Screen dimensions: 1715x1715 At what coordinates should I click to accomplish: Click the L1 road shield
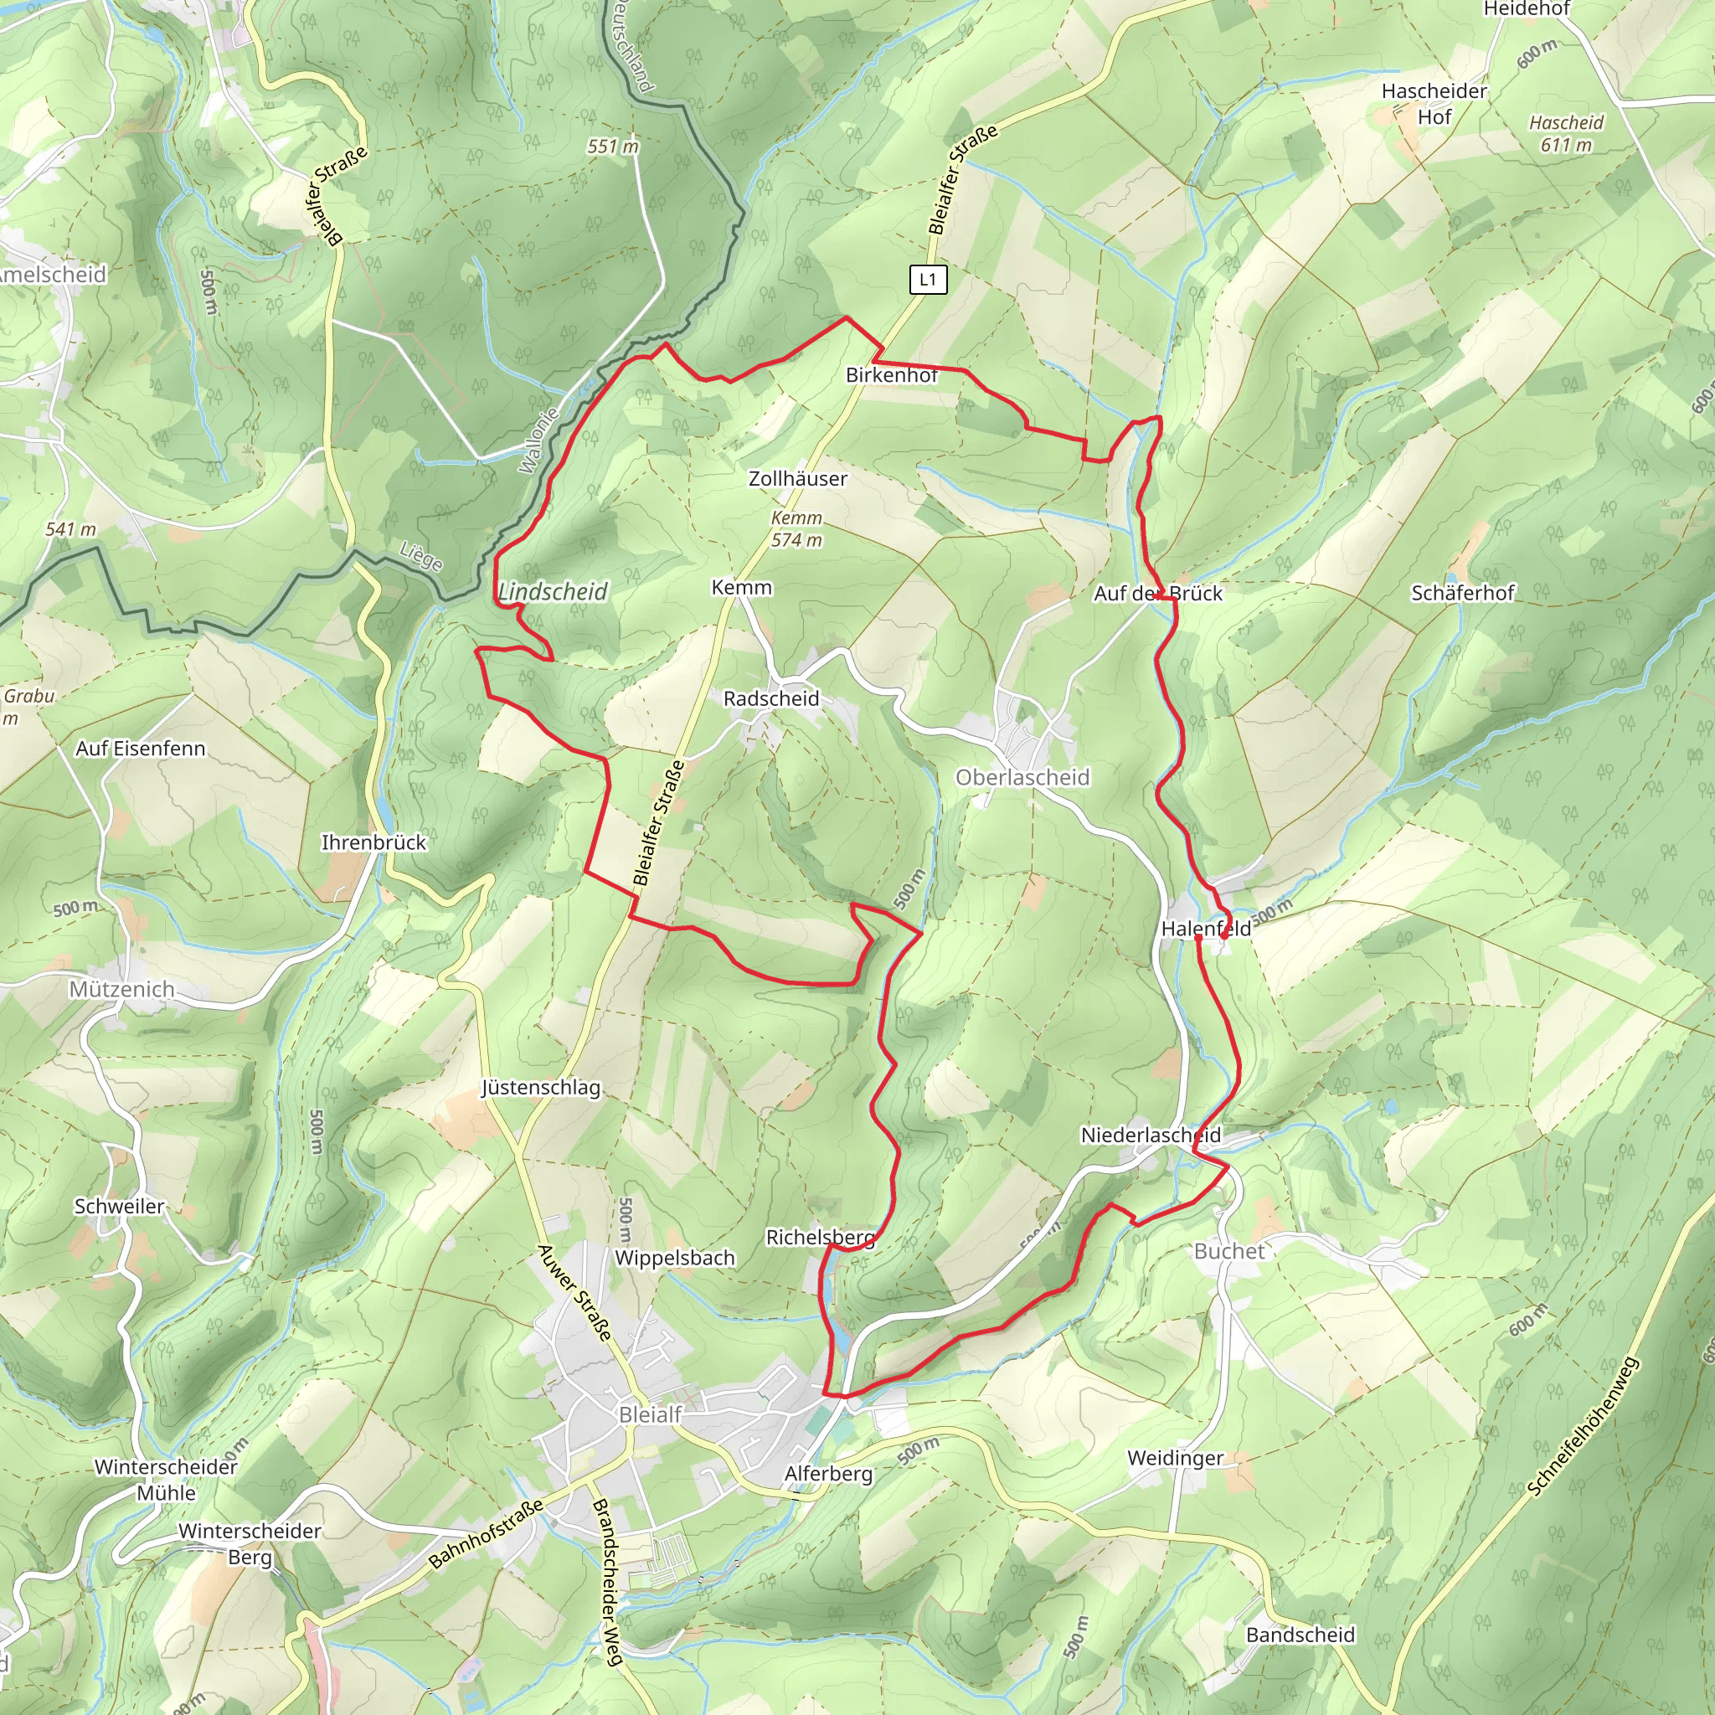[x=928, y=280]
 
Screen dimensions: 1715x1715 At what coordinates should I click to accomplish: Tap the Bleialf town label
[x=650, y=1415]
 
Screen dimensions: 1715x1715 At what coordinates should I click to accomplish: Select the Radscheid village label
[x=770, y=698]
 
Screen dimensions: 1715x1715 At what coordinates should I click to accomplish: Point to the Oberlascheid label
[x=1022, y=778]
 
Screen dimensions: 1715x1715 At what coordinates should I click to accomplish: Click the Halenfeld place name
[x=1206, y=929]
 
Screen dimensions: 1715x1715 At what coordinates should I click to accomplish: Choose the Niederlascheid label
[x=1151, y=1136]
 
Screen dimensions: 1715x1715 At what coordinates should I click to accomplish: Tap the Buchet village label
[x=1228, y=1252]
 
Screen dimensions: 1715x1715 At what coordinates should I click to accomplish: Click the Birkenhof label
[x=891, y=375]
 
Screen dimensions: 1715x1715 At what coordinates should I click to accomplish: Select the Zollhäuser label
[x=797, y=479]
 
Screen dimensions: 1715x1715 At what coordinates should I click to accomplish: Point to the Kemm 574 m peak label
[x=796, y=529]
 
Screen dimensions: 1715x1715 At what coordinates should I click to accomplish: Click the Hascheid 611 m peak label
[x=1566, y=134]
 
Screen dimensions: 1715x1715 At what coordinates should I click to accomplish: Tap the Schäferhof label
[x=1462, y=593]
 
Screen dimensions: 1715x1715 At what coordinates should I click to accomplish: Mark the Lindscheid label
[x=552, y=592]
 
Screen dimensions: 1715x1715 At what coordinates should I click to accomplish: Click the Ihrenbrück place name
[x=373, y=842]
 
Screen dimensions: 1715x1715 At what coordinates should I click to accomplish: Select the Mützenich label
[x=121, y=989]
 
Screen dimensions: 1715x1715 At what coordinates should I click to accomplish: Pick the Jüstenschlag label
[x=541, y=1089]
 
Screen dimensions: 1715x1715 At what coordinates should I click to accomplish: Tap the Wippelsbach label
[x=675, y=1258]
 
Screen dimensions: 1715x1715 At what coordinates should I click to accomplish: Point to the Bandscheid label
[x=1300, y=1635]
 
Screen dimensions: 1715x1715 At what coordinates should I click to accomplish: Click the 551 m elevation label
[x=612, y=147]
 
